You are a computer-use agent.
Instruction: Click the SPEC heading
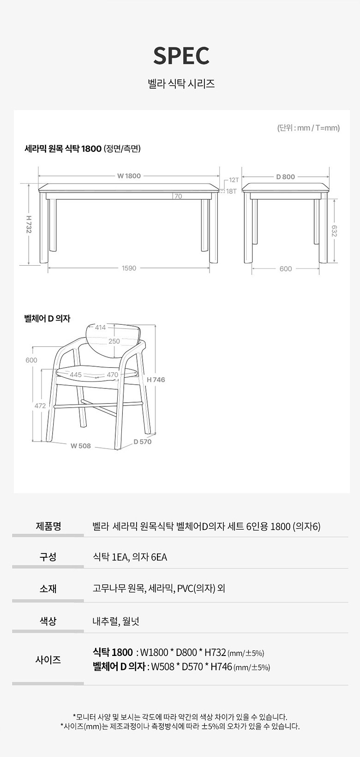click(181, 56)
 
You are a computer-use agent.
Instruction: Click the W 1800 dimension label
click(129, 176)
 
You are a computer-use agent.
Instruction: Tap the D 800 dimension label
click(286, 177)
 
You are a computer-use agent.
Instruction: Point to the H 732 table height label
click(29, 224)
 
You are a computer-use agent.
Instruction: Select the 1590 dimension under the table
click(129, 268)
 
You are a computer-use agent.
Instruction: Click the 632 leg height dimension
click(334, 231)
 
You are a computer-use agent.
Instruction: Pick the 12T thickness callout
click(234, 180)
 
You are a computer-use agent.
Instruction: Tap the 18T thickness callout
click(231, 191)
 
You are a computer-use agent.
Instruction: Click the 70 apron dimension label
click(178, 197)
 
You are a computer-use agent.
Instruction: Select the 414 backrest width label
click(101, 328)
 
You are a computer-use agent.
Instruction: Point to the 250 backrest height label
click(114, 341)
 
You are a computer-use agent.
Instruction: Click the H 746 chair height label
click(156, 380)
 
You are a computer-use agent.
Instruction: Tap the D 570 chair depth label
click(142, 441)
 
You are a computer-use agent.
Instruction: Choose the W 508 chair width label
click(81, 446)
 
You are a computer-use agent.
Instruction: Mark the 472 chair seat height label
click(40, 406)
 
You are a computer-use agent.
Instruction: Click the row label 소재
click(48, 589)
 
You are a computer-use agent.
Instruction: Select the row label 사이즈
click(48, 659)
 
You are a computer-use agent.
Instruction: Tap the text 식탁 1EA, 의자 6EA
click(130, 557)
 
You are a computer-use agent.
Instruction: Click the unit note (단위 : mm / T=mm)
click(308, 128)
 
